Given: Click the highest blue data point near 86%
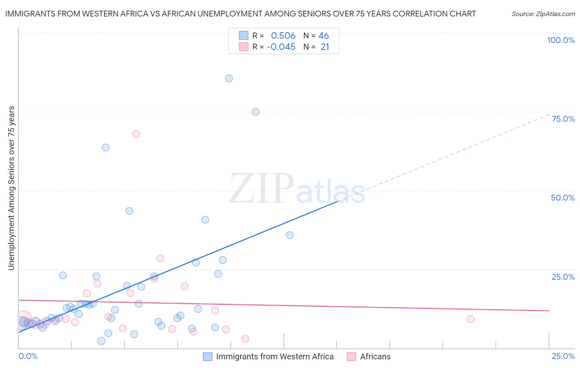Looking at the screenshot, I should (229, 78).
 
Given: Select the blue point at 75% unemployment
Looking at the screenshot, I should (256, 112).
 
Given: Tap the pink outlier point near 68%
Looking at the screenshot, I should (136, 134).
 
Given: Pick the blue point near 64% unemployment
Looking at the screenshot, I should (106, 147).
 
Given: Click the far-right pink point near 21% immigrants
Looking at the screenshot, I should (471, 319).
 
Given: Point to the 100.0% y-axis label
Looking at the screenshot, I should (561, 40).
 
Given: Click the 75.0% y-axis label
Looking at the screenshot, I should (563, 119).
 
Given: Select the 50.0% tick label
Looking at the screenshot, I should (563, 198).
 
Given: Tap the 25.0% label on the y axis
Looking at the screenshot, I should (563, 276).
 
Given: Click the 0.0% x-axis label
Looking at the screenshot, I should (28, 356).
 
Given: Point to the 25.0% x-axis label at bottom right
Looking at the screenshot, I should (563, 356).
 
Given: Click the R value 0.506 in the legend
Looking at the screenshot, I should (283, 36).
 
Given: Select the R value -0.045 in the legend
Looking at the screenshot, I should (281, 47).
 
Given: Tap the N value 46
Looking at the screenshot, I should (324, 36).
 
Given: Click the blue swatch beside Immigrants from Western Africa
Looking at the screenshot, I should (207, 356).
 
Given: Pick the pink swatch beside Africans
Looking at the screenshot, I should (351, 356).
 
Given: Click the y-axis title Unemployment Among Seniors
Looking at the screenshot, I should (11, 188).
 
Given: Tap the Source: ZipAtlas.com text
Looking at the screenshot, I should (543, 14).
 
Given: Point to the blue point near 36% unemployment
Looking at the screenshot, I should (290, 235).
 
